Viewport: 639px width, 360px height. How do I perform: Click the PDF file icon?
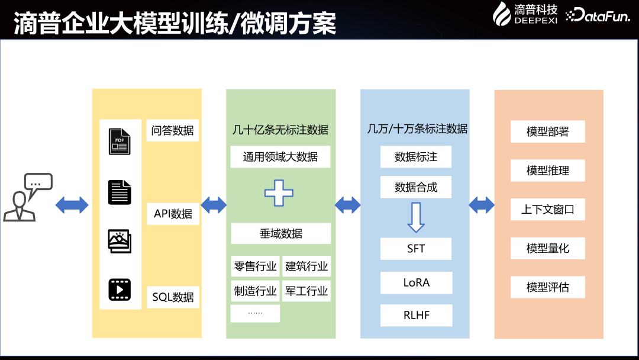point(120,142)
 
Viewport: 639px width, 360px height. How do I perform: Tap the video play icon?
point(120,290)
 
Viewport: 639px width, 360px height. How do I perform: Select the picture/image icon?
point(120,240)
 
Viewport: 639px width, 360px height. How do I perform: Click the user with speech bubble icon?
point(28,198)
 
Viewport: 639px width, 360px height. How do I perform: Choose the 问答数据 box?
point(172,130)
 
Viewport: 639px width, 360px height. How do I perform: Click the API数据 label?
point(173,214)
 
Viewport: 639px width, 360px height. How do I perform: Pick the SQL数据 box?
point(173,297)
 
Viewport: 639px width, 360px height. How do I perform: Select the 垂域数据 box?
point(280,233)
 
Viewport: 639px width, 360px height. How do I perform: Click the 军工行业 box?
point(306,291)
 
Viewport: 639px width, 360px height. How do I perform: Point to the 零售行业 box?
point(255,266)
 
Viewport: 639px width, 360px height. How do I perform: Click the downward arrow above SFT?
point(416,217)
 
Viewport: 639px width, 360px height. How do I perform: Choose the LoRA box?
point(416,282)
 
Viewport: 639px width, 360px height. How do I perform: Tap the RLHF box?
point(416,315)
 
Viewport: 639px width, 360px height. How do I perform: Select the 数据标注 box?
point(416,157)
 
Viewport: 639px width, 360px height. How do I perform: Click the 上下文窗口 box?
point(547,210)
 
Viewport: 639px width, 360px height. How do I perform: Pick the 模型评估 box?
point(547,287)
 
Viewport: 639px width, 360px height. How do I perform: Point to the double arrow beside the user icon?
point(72,205)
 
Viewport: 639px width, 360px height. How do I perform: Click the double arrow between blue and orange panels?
point(482,205)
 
